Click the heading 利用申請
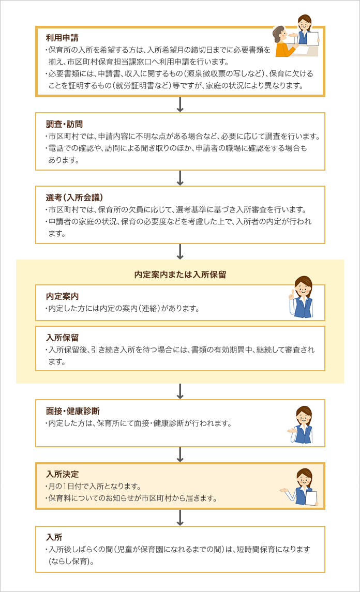coord(63,38)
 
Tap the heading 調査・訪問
coord(64,124)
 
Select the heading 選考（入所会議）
coord(74,198)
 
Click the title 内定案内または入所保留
coord(180,275)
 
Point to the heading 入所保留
coord(63,338)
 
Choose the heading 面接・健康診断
coord(73,411)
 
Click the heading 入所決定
coord(63,474)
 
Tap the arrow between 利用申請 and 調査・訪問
coord(180,104)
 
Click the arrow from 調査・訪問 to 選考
coord(180,178)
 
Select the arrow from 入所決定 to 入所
coord(180,518)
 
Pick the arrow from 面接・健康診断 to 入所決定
coord(180,454)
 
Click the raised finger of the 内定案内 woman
coord(292,293)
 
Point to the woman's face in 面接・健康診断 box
coord(303,418)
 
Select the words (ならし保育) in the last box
coord(71,561)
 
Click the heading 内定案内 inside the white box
coord(63,296)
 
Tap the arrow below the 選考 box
coord(180,251)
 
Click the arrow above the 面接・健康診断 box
coord(180,391)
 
